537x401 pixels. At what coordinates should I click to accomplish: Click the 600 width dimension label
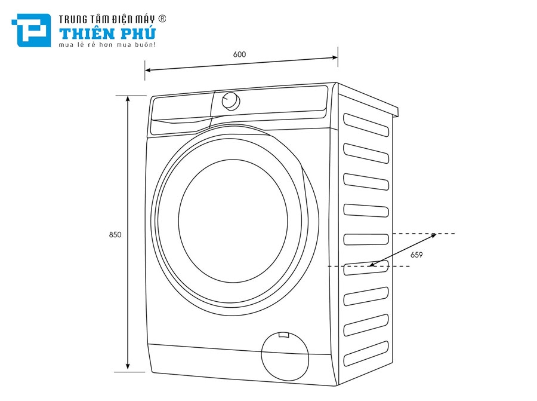click(239, 54)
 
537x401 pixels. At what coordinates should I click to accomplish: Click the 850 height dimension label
click(115, 235)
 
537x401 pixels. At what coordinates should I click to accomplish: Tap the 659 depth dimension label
click(416, 255)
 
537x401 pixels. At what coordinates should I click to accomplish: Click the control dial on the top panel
click(230, 101)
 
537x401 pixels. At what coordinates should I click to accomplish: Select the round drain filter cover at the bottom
click(285, 356)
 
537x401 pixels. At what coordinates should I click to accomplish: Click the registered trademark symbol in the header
click(162, 19)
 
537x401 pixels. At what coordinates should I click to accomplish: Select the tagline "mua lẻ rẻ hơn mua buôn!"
click(107, 45)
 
